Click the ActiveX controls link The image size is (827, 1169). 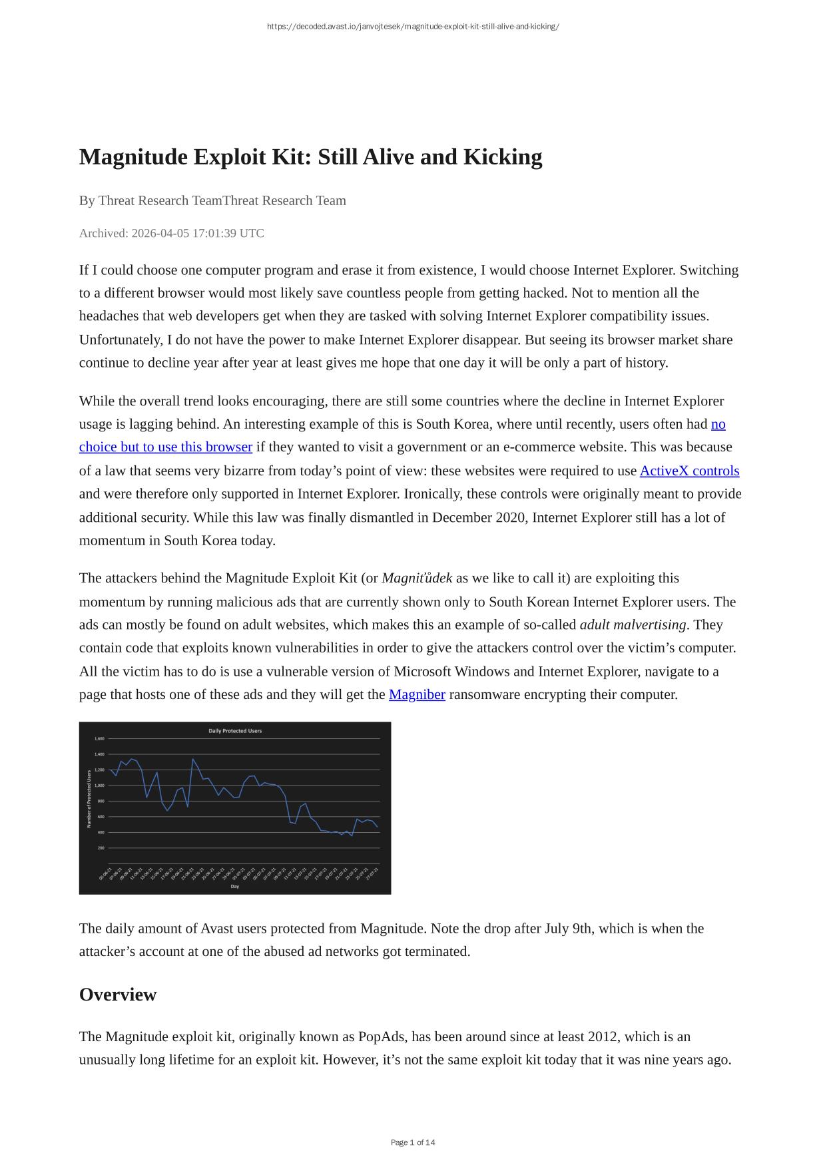point(689,471)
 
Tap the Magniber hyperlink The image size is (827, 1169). point(417,695)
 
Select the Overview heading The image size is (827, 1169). point(118,995)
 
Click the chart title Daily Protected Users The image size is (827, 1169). point(235,731)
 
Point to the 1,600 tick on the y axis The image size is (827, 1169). point(99,739)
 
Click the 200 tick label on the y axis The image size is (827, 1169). point(101,848)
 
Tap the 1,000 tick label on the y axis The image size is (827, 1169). point(99,786)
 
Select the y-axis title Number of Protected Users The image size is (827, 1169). point(89,799)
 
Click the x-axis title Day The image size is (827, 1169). point(235,887)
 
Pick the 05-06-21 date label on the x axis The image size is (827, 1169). point(105,874)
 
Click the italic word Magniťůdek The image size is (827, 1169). point(417,579)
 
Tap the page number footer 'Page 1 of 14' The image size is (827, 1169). point(413,1143)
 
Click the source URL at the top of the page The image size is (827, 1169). point(413,27)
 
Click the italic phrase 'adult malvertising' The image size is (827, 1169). point(633,625)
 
